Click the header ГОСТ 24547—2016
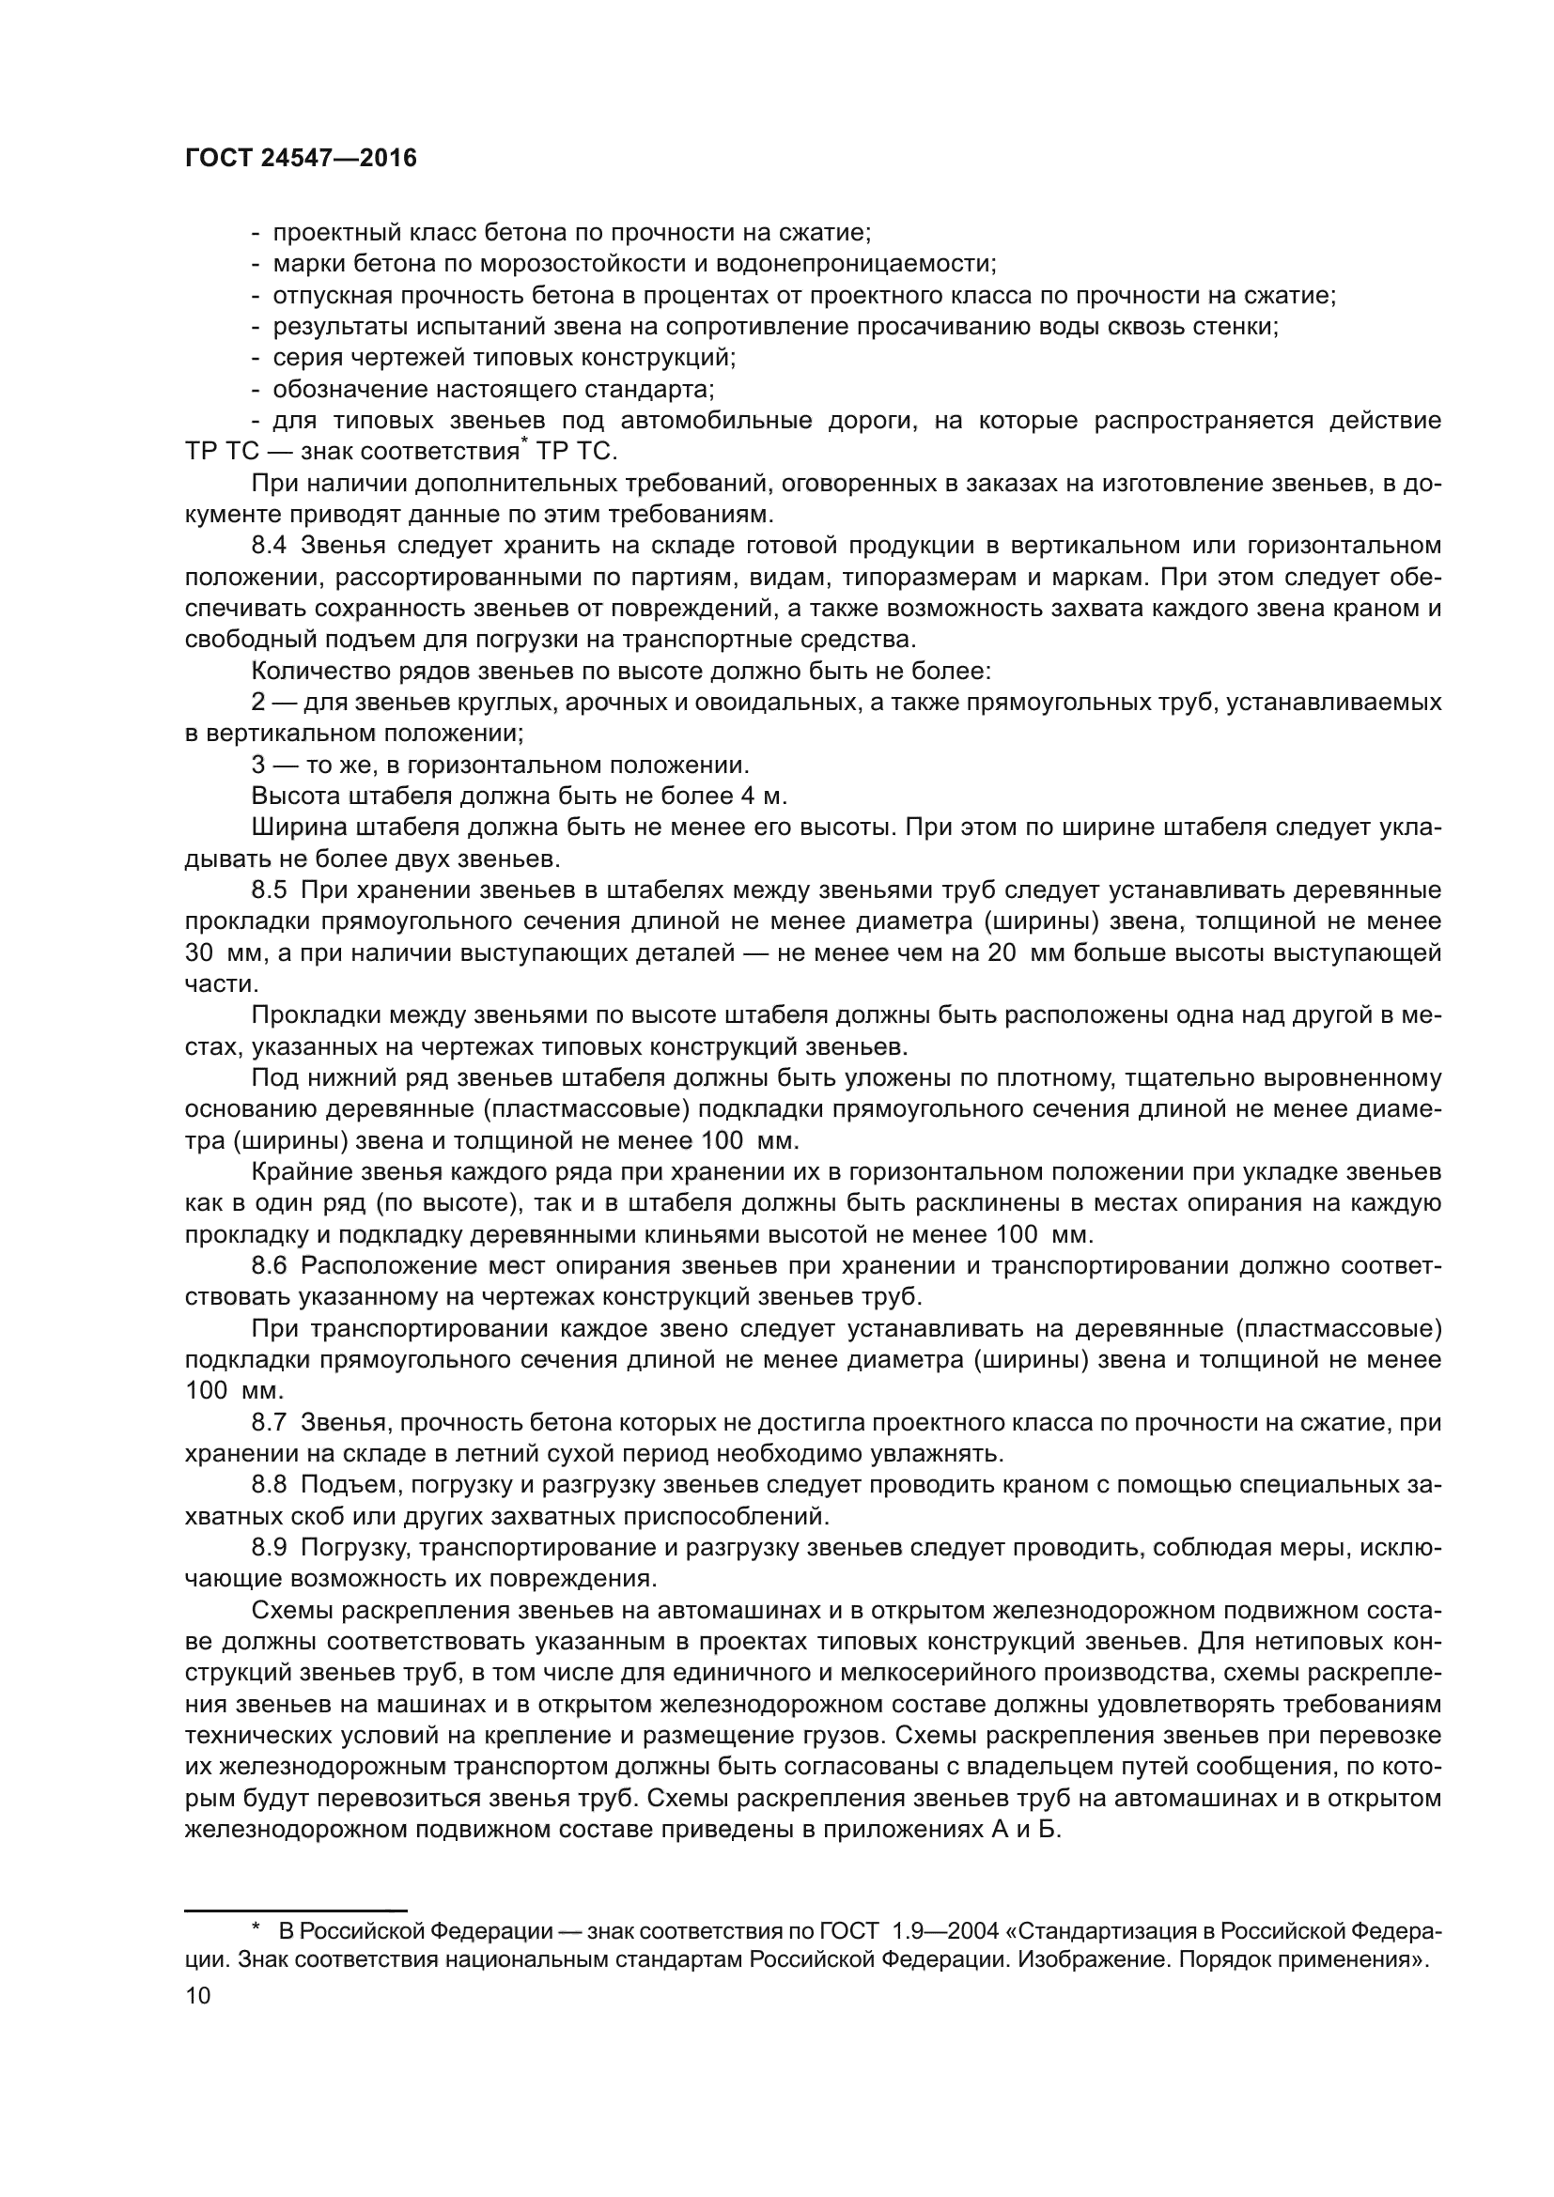coord(301,159)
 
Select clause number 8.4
coord(269,547)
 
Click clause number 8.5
coord(269,890)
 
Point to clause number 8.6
coord(269,1266)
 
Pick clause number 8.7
coord(269,1423)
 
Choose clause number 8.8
coord(269,1485)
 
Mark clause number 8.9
coord(269,1547)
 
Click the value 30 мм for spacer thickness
coord(219,953)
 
